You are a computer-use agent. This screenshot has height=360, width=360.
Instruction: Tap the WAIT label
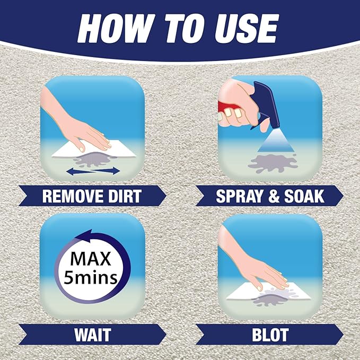92,335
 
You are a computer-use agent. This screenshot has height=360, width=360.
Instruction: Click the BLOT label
270,335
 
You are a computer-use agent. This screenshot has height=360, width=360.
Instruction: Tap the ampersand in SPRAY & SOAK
271,196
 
